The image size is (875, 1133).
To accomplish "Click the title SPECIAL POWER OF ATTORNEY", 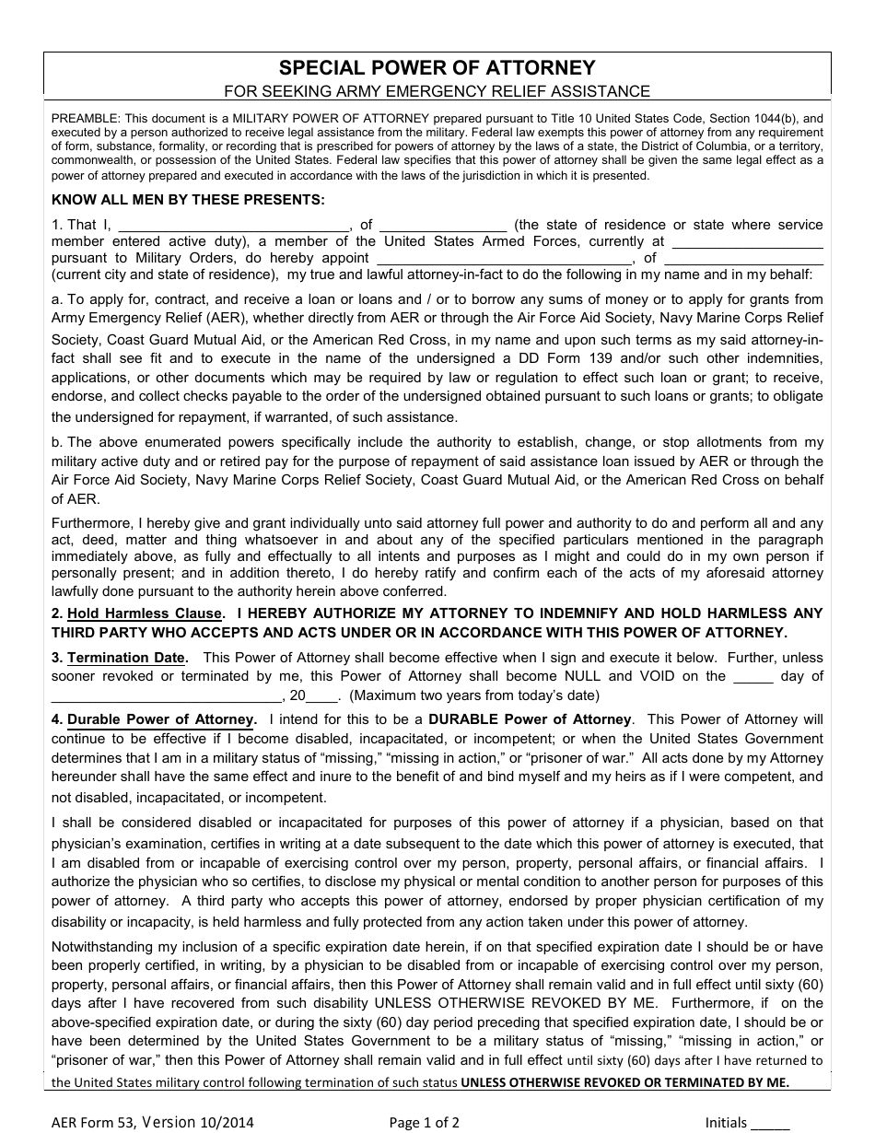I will pos(437,68).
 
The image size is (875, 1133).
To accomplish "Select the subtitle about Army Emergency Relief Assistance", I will pos(437,91).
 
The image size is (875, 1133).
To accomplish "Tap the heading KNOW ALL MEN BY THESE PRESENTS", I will pos(188,199).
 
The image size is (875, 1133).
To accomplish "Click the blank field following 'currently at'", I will pos(748,243).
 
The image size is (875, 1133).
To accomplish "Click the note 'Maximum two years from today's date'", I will pos(474,695).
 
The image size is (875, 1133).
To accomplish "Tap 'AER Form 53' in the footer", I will pos(93,1122).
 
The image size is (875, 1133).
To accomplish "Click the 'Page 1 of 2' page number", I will pos(424,1122).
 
